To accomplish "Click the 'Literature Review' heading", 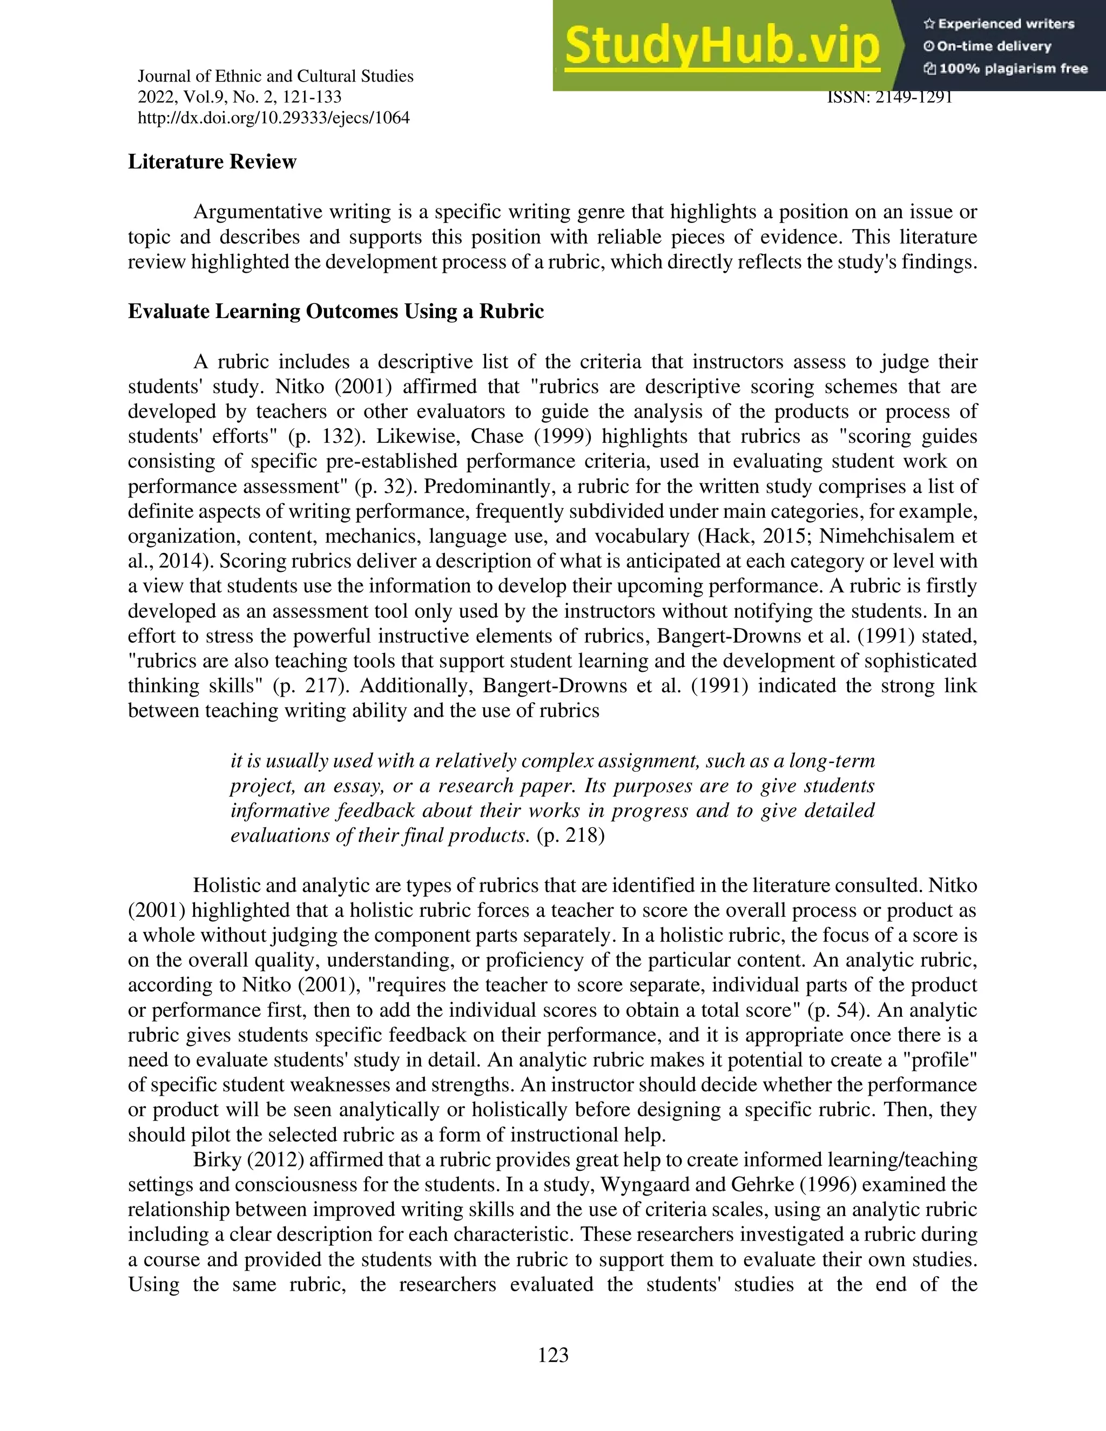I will click(212, 162).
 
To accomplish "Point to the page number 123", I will click(553, 1354).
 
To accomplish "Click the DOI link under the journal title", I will click(273, 118).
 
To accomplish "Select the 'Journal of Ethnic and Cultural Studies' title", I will click(275, 77).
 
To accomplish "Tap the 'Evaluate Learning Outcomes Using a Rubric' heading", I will click(335, 311).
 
